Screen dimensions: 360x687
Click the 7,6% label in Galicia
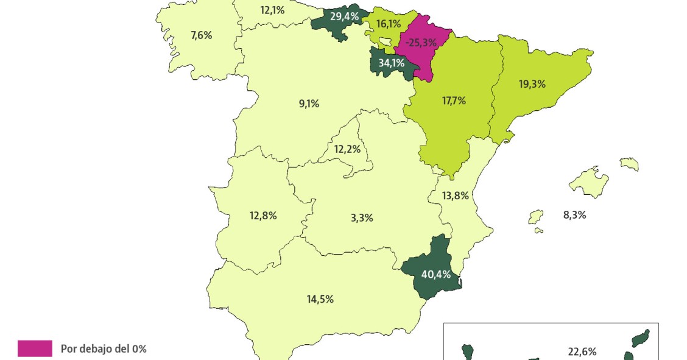(201, 35)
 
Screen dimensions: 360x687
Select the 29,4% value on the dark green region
(344, 16)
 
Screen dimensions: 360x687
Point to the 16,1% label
(389, 24)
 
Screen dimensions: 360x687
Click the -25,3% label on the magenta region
(421, 43)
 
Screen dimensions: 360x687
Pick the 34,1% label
(391, 62)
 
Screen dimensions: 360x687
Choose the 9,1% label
(309, 104)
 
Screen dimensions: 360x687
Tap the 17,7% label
(454, 101)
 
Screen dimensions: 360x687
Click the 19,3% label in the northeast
(532, 84)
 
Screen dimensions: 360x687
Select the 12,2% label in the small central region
(347, 149)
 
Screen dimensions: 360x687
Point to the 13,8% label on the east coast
(456, 196)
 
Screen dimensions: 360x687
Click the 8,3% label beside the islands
(575, 214)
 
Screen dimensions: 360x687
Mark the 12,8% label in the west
(263, 215)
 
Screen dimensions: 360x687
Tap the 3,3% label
(362, 217)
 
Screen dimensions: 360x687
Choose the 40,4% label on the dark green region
(436, 274)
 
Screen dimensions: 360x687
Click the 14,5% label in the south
(320, 299)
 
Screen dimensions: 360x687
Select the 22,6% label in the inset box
(582, 351)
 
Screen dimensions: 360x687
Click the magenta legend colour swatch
(35, 348)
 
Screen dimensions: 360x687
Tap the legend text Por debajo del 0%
(104, 349)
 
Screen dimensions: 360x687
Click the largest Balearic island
(588, 182)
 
